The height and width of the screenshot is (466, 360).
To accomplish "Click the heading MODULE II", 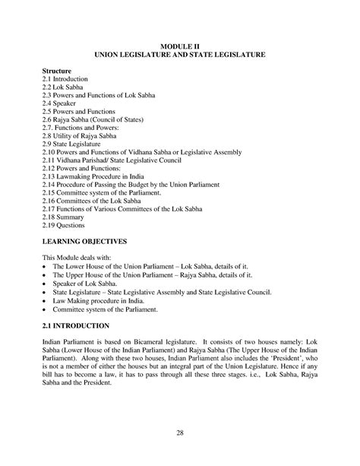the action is point(179,46).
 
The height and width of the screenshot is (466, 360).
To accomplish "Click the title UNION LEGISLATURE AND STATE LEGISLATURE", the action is point(179,55).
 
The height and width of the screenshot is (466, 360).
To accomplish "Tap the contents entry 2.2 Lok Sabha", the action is point(65,88).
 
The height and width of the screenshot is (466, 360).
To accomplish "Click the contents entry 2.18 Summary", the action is point(66,217).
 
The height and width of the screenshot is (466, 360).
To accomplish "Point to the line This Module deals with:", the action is point(78,258).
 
